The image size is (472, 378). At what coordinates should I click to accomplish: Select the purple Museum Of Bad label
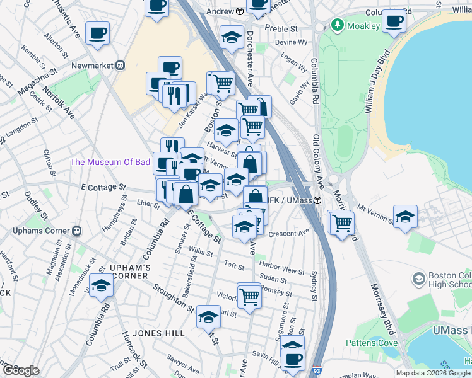(x=110, y=162)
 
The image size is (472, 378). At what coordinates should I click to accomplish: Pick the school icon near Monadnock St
(x=100, y=286)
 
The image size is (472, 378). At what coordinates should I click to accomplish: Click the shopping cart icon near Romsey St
(x=249, y=294)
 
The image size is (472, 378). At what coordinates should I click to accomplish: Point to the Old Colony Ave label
(x=319, y=161)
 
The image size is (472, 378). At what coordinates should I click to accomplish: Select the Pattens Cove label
(x=372, y=343)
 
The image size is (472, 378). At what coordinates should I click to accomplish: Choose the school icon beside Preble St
(x=232, y=38)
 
